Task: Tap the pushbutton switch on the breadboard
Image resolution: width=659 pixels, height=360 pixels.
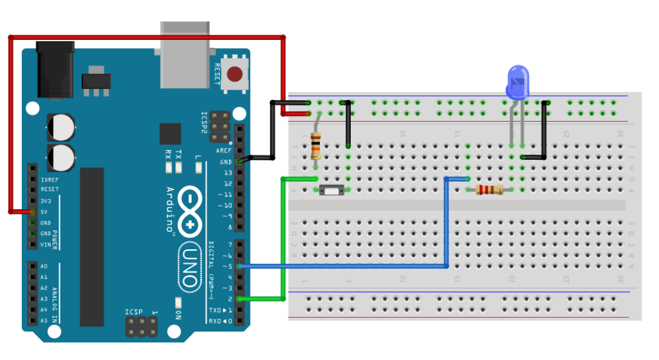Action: pos(331,190)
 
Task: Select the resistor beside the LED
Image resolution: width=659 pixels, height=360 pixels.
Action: pos(488,189)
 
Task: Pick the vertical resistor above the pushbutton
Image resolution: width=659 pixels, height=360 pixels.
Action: pos(315,145)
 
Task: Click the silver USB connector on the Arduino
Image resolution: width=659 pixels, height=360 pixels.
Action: pos(185,55)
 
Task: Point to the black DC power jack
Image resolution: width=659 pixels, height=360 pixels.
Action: pos(55,70)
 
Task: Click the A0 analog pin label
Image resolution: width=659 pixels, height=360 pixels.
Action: pos(44,265)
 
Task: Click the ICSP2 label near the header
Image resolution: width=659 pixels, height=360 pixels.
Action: pos(204,121)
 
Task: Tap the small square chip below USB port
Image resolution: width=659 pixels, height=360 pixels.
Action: pos(171,133)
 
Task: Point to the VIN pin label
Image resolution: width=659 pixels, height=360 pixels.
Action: pos(46,245)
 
